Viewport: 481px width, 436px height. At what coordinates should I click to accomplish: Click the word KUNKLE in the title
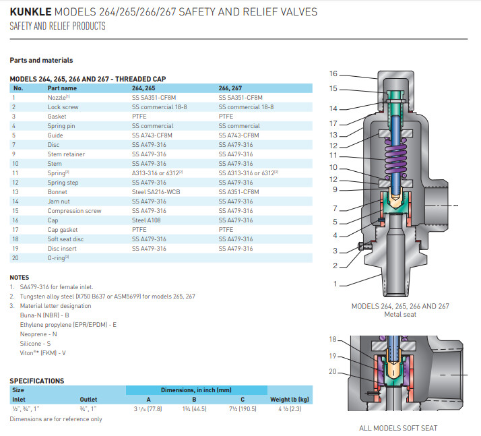tap(30, 12)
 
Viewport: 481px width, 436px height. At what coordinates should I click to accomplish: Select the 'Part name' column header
tap(61, 88)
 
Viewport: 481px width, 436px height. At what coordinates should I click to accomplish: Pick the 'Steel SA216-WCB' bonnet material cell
tap(154, 192)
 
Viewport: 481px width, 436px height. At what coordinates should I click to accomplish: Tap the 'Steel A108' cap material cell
tap(146, 220)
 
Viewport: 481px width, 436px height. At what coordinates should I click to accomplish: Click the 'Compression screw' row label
tap(74, 211)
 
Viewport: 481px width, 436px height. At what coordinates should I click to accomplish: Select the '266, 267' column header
tap(230, 88)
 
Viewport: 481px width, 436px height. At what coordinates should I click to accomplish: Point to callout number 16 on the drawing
tap(333, 73)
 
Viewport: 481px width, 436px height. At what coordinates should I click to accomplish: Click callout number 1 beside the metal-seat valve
tap(335, 284)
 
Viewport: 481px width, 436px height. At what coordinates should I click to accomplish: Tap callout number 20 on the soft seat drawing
tap(333, 371)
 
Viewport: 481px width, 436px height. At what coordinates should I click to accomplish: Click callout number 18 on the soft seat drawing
tap(333, 339)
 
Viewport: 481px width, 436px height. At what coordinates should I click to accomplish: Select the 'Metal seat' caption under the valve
tap(399, 314)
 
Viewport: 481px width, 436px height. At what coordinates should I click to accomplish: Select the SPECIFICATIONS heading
tap(37, 381)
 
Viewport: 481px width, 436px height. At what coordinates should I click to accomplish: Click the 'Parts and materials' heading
tap(41, 60)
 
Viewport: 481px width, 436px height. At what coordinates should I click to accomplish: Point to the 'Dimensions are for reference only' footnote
tap(56, 419)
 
